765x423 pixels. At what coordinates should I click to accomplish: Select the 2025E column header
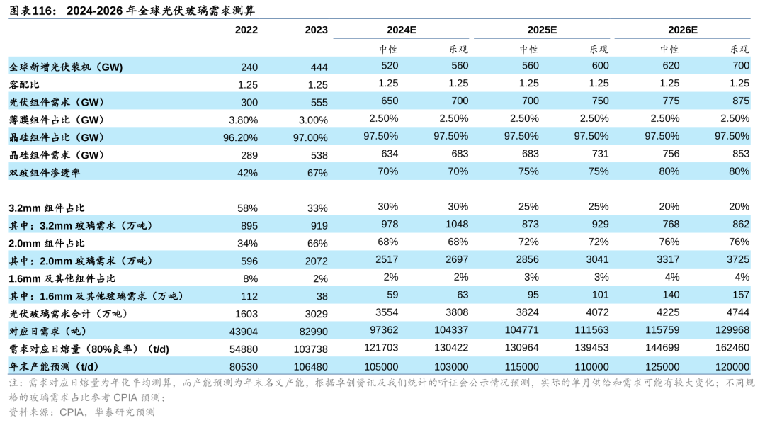click(542, 30)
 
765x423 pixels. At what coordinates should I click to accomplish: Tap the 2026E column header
click(683, 30)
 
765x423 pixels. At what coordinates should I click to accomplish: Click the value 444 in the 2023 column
click(319, 67)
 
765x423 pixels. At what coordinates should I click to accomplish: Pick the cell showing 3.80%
click(243, 120)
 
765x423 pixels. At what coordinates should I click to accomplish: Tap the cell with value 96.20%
click(240, 137)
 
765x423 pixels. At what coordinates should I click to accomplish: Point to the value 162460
click(732, 349)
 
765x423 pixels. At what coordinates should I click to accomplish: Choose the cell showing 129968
click(732, 332)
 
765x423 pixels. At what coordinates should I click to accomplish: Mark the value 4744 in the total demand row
click(737, 314)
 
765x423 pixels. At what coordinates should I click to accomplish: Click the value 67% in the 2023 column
click(318, 172)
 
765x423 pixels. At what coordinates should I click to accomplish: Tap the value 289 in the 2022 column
click(249, 155)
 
